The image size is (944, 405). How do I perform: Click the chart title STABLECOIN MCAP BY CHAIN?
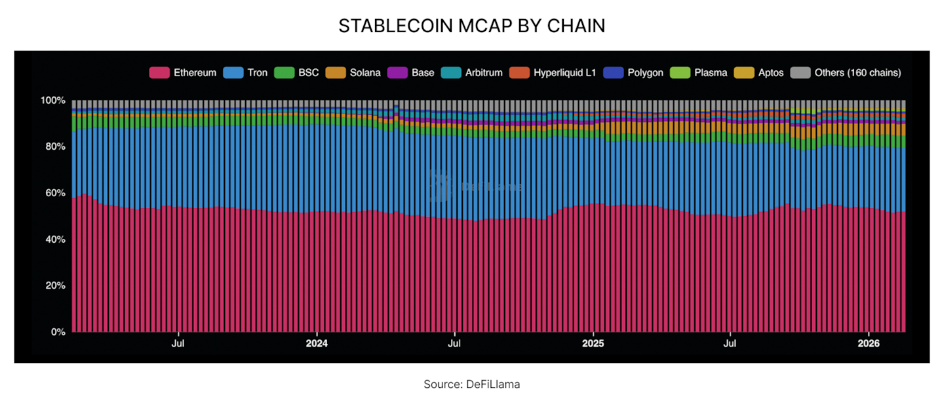471,26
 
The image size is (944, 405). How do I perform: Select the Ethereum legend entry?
184,73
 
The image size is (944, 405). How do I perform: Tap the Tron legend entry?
246,73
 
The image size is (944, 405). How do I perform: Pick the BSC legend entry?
297,73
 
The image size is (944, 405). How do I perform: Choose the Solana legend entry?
353,73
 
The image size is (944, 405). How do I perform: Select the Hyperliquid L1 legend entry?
553,73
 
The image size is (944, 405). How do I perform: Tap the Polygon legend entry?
633,73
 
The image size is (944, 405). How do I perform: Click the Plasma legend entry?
699,73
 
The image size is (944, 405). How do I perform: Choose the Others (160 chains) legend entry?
846,73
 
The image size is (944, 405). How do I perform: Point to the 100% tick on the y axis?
53,100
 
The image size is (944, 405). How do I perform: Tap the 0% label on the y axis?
58,332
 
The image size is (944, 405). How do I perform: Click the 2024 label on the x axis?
317,343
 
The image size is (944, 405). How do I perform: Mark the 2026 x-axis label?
869,343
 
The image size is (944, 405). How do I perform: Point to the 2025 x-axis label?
593,343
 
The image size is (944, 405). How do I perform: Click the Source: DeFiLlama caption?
471,385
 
